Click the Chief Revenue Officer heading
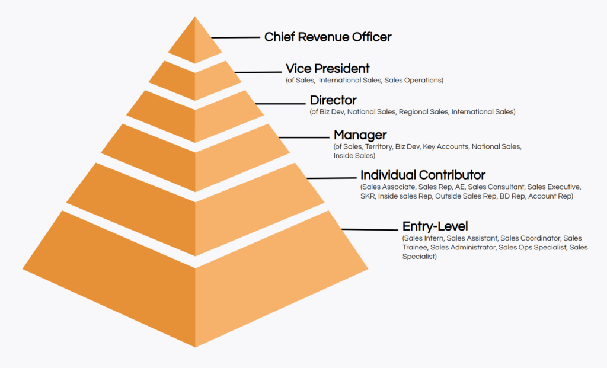327,37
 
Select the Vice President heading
327,69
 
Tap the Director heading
333,100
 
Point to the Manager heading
360,135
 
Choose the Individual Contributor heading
423,175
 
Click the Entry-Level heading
435,226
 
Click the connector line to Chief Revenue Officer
236,37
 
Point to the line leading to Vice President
258,72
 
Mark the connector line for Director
280,104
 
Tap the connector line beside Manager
304,137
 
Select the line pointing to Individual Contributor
331,178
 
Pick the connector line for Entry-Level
370,230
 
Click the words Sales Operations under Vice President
413,81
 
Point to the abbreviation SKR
368,196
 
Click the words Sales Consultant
496,187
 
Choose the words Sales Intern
424,238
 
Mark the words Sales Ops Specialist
532,248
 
